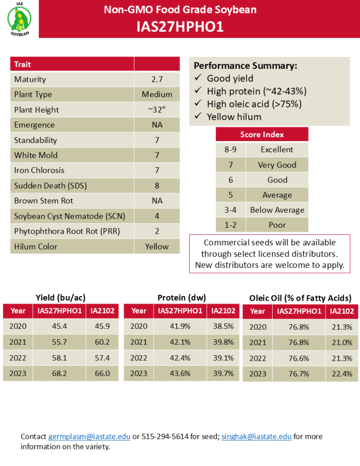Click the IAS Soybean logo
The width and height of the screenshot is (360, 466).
(20, 19)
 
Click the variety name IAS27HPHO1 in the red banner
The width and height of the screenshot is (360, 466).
(180, 27)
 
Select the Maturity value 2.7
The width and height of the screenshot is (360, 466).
(157, 79)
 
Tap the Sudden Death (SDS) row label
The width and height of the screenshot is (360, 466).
(51, 185)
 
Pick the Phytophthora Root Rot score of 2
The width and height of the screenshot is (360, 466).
(157, 231)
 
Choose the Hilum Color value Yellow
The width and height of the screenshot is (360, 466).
(157, 246)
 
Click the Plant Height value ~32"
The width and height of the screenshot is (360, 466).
(157, 110)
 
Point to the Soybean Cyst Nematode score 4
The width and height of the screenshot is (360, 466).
(157, 216)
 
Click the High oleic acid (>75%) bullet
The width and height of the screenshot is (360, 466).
(254, 104)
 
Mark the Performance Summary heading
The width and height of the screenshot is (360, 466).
(246, 66)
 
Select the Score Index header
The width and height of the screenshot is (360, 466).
(262, 134)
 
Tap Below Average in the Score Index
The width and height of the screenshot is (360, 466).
(277, 210)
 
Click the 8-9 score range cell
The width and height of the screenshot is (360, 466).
(231, 149)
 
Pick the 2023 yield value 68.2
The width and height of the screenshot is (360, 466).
(59, 374)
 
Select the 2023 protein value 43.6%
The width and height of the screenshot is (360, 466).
(180, 374)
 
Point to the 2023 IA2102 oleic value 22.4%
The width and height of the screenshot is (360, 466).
(342, 374)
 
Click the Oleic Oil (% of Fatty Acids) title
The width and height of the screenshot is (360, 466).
(300, 298)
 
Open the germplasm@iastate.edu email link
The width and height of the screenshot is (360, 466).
(90, 436)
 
